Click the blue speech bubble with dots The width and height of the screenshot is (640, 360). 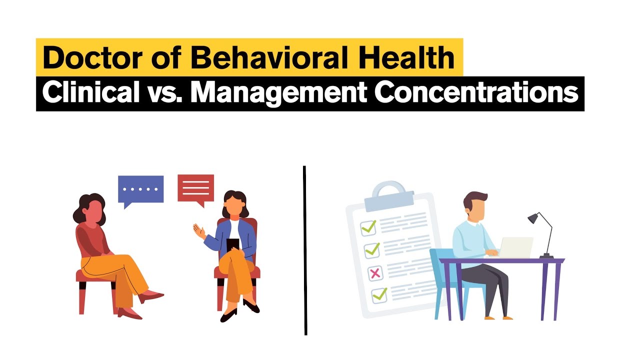(140, 189)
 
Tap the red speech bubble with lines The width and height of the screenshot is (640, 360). (195, 188)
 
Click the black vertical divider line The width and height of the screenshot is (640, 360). (304, 250)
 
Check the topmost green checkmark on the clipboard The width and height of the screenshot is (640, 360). (369, 227)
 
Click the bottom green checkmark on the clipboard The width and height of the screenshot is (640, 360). (379, 294)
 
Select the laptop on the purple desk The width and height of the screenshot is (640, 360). (515, 247)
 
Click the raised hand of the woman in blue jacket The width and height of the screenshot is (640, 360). (199, 231)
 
